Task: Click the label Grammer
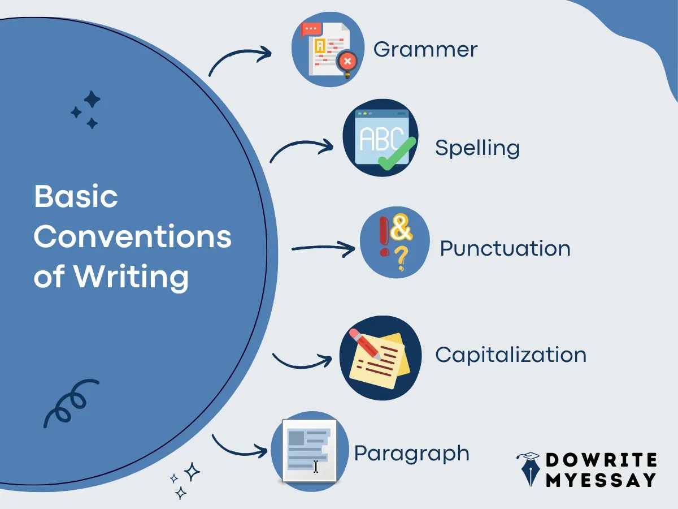pos(425,49)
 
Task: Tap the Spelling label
pos(477,148)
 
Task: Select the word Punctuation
pos(505,249)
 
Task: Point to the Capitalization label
pos(511,355)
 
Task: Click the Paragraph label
pos(412,454)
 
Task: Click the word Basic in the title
pos(76,197)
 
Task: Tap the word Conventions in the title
pos(133,236)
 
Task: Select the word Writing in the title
pos(131,277)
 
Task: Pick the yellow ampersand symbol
pos(402,227)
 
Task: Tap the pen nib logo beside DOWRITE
pos(529,469)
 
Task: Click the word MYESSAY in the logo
pos(601,480)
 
